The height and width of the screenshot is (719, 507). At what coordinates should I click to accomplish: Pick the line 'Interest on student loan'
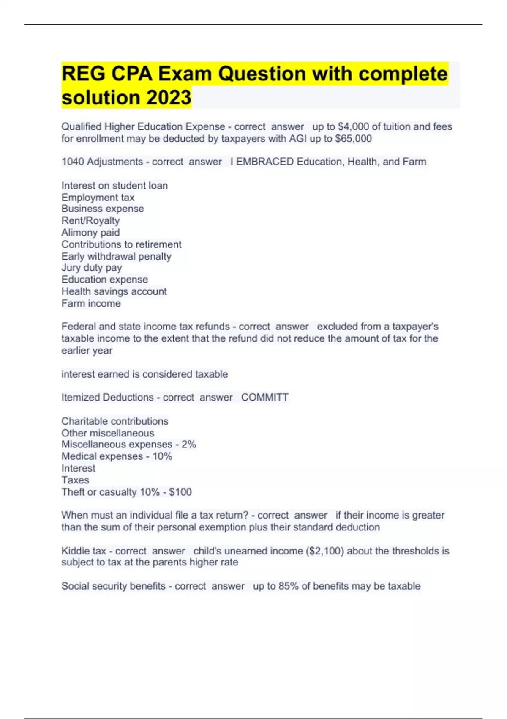[x=114, y=185]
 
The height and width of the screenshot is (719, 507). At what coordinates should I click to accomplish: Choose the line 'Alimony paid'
[x=90, y=232]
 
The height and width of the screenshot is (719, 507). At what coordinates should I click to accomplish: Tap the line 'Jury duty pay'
[x=92, y=268]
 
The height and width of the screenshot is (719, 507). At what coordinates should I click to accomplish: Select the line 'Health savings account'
[x=114, y=291]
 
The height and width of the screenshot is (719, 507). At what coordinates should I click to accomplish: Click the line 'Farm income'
[x=91, y=303]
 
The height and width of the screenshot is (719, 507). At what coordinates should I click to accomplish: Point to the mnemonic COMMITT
[x=265, y=397]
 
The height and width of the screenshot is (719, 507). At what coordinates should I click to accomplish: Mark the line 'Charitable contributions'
[x=114, y=421]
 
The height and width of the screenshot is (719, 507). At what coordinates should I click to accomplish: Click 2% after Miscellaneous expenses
[x=189, y=444]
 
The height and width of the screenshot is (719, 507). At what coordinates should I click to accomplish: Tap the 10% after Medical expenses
[x=162, y=456]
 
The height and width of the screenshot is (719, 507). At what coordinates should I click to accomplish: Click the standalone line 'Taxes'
[x=75, y=480]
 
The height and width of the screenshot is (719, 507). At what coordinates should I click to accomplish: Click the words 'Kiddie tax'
[x=84, y=551]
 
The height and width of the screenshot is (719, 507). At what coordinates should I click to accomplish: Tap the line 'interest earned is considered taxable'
[x=144, y=374]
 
